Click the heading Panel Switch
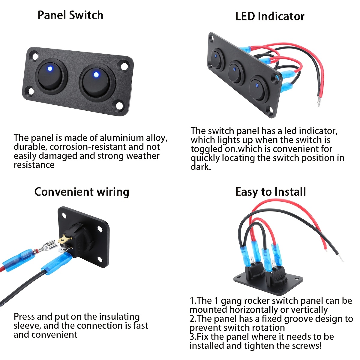70,15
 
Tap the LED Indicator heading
269,16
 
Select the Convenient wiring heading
82,192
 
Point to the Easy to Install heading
270,192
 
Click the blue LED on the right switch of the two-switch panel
96,74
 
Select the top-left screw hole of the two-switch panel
35,56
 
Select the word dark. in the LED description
201,167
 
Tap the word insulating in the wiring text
119,317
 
